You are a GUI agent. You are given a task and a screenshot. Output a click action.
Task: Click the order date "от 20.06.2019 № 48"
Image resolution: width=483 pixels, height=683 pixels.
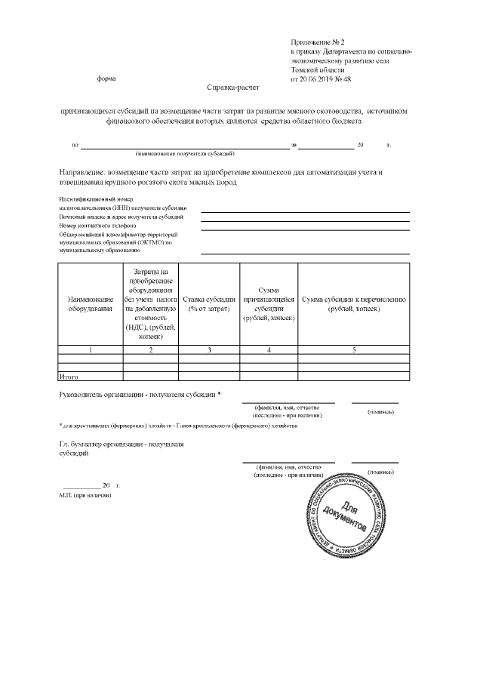click(321, 79)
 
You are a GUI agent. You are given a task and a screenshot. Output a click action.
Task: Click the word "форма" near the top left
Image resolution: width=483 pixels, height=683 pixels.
click(106, 79)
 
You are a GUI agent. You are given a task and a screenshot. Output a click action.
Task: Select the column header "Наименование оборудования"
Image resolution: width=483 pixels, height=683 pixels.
click(91, 304)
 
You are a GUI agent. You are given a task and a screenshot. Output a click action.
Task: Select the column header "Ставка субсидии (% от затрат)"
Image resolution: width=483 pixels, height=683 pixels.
click(210, 304)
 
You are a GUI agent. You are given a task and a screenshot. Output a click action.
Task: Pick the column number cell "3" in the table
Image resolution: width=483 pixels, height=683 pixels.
click(210, 349)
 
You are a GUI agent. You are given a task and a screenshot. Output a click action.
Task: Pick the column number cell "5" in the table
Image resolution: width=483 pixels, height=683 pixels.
click(353, 349)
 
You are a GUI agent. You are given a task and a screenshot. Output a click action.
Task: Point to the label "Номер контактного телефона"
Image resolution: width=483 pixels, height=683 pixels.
click(97, 225)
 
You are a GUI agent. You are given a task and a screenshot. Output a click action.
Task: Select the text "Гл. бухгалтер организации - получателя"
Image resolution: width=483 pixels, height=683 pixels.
click(122, 445)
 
